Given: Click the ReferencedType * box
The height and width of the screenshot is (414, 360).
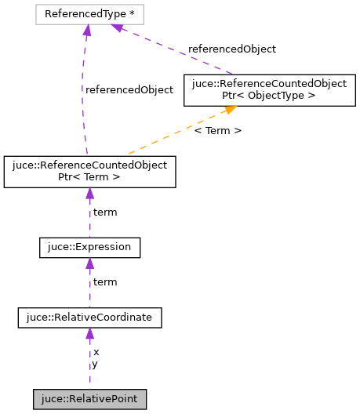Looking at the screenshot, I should point(86,14).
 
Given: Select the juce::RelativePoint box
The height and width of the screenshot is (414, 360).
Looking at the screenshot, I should point(89,400).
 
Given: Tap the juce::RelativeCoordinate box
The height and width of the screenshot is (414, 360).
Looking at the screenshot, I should point(89,318).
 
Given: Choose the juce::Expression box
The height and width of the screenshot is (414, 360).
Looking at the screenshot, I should point(89,248).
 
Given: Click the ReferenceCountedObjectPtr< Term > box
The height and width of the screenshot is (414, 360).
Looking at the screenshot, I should point(89,172).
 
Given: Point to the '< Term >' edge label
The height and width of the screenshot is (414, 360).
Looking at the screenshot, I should point(217,130).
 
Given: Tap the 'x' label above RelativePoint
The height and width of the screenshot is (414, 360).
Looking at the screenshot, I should point(96,352).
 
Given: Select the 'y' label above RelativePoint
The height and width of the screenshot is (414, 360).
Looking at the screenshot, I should point(95,364).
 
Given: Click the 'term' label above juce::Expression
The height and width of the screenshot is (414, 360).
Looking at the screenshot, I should point(105,212).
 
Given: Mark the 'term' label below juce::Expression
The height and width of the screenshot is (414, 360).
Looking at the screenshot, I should point(105,281).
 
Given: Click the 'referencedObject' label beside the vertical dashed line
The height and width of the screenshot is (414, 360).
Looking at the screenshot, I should point(129,89).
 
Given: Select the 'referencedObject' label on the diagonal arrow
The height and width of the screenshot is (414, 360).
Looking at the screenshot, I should point(231,49).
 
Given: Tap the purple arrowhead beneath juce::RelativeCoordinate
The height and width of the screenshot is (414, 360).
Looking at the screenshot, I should point(89,334).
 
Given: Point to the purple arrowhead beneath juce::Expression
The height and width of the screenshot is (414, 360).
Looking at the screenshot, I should point(89,264).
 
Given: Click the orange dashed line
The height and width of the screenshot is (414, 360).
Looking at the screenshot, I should point(165,136).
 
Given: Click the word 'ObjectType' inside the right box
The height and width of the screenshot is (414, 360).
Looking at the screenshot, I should point(284,96).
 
